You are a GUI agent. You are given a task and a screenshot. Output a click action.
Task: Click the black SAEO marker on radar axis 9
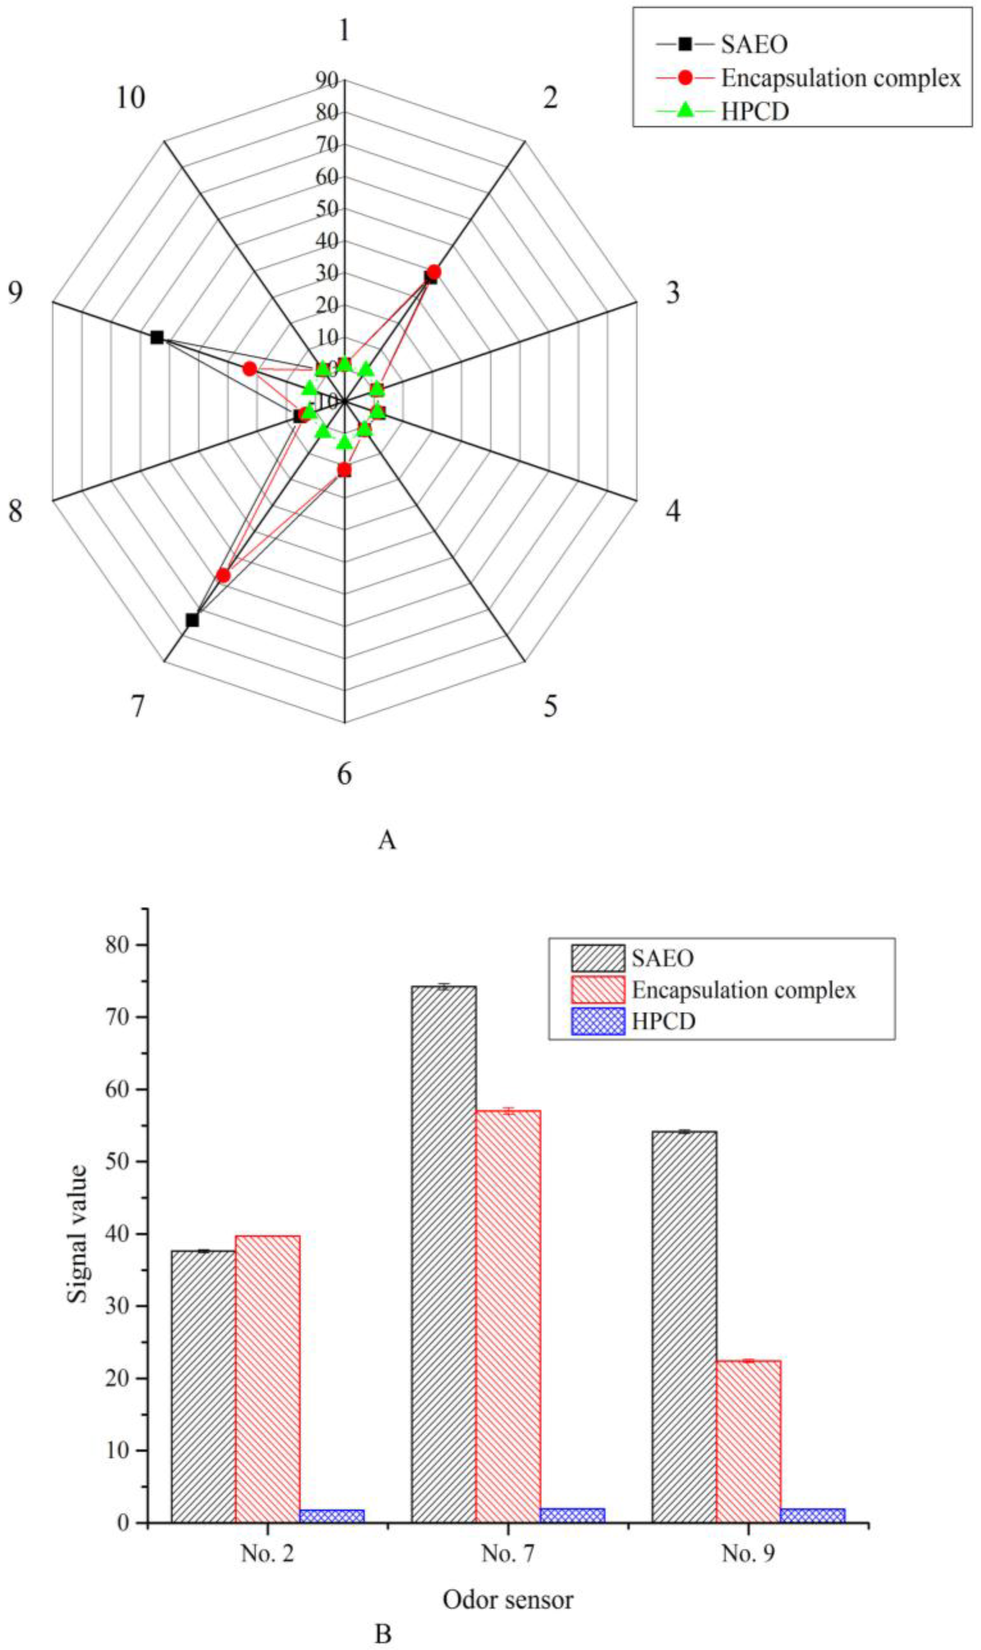157,337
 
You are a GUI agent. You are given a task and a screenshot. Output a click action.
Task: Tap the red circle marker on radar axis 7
223,575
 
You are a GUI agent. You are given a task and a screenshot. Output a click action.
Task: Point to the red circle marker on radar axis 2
434,272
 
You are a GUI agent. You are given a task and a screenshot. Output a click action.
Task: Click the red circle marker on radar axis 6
344,470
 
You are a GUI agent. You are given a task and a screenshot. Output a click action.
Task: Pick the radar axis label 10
130,99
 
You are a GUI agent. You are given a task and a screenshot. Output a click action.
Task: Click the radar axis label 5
550,706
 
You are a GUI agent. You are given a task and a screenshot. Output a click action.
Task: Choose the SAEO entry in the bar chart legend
662,958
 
